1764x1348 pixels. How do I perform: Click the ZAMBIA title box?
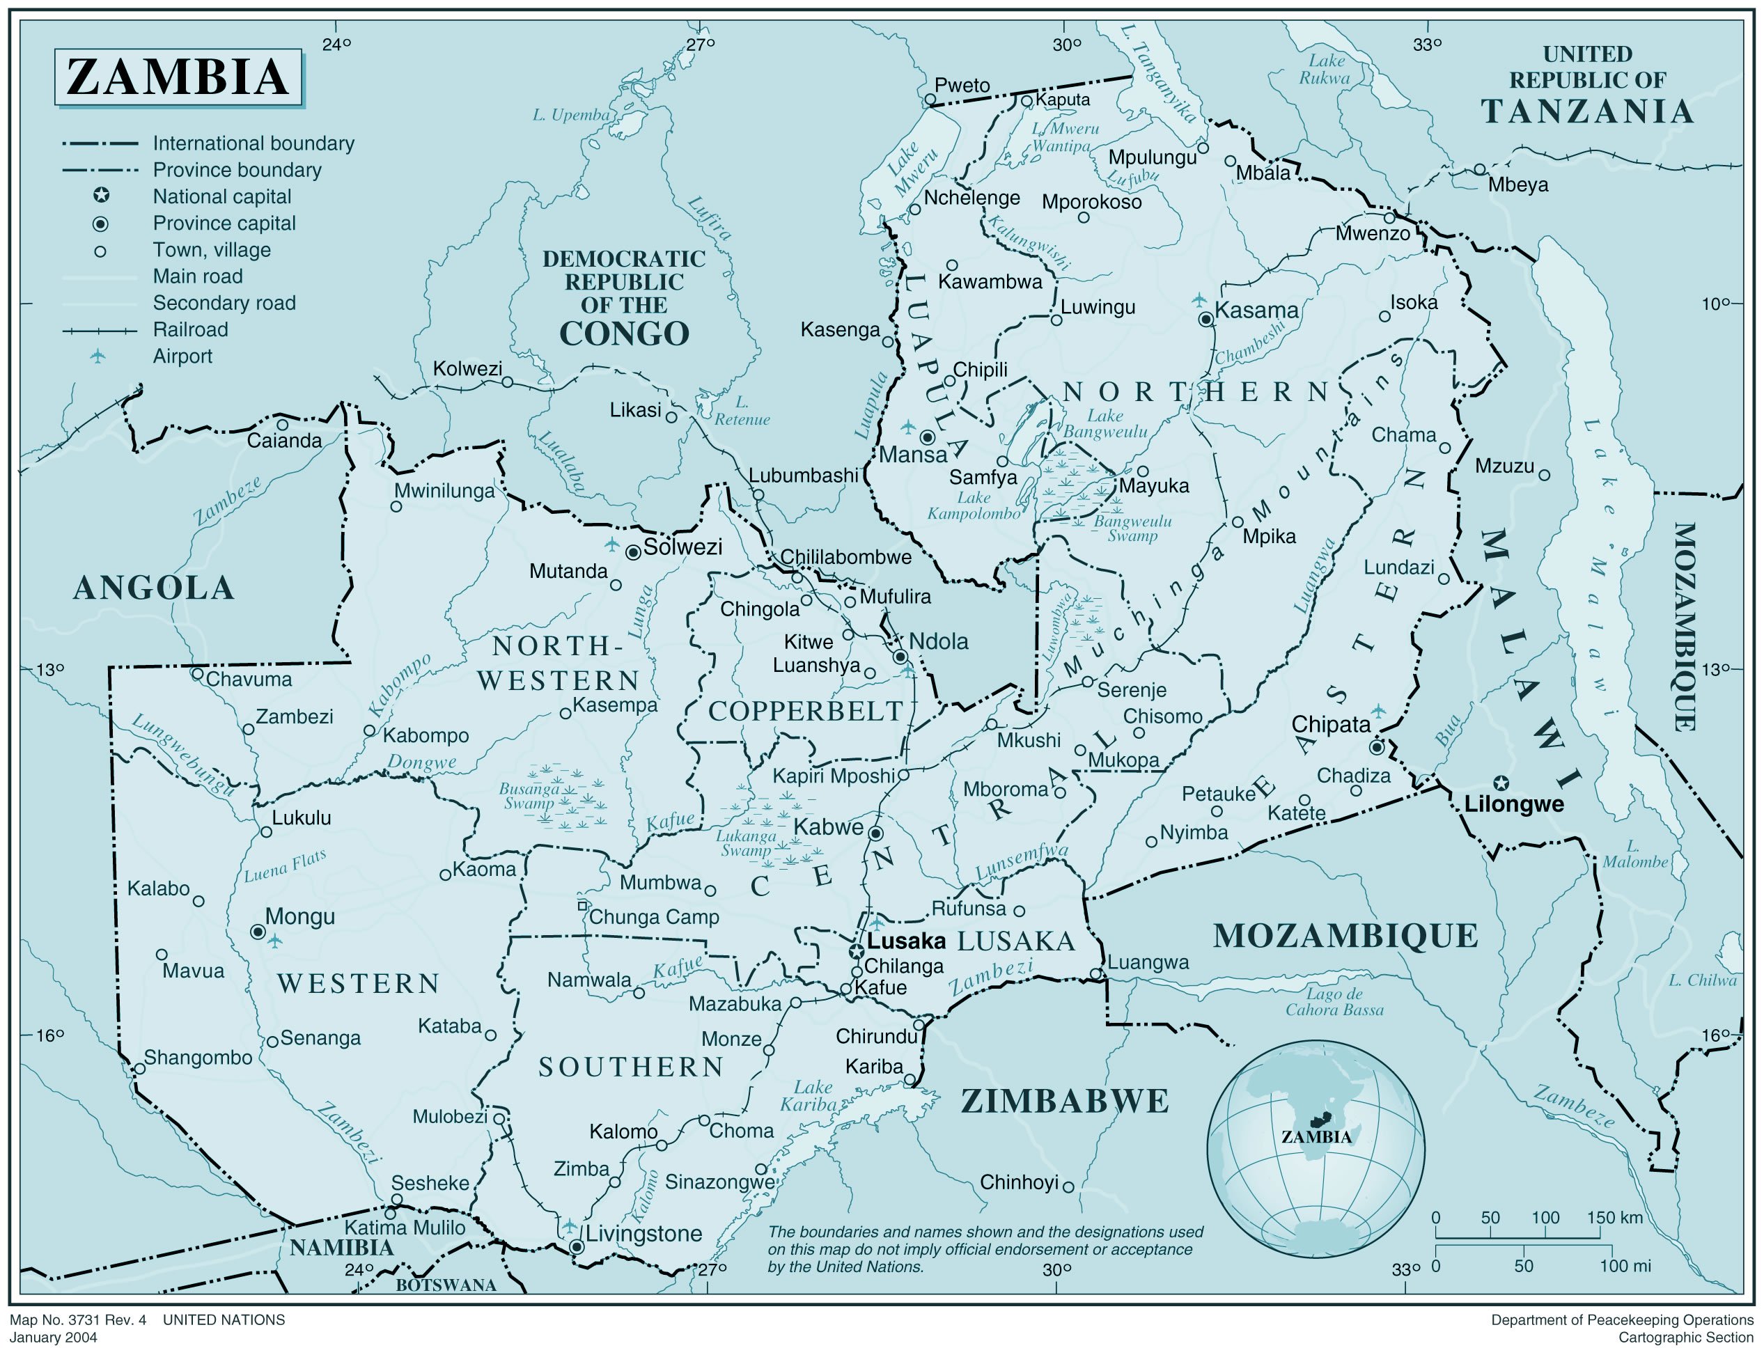tap(178, 77)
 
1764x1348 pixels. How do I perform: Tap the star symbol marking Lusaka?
tap(857, 952)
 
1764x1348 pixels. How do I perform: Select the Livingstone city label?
tap(643, 1234)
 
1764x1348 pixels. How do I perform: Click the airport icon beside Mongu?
tap(275, 941)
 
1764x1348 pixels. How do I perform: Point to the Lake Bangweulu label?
tap(1105, 423)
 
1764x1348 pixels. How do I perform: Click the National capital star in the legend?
tap(101, 195)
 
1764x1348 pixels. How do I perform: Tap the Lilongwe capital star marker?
tap(1500, 783)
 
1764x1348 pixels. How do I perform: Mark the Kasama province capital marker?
tap(1205, 320)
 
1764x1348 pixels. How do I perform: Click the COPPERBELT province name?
tap(805, 711)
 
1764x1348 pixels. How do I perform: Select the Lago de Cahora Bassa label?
tap(1334, 1002)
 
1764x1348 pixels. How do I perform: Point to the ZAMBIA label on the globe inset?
tap(1316, 1137)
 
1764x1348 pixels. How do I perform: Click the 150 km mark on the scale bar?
tap(1614, 1218)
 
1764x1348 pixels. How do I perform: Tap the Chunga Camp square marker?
tap(583, 905)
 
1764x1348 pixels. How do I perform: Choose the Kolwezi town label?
tap(467, 368)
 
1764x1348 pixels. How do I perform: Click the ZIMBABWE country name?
tap(1064, 1102)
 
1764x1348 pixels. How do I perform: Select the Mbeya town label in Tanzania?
tap(1517, 185)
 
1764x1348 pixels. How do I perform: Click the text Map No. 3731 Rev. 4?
tap(78, 1320)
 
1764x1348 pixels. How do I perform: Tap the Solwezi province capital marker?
tap(633, 552)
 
